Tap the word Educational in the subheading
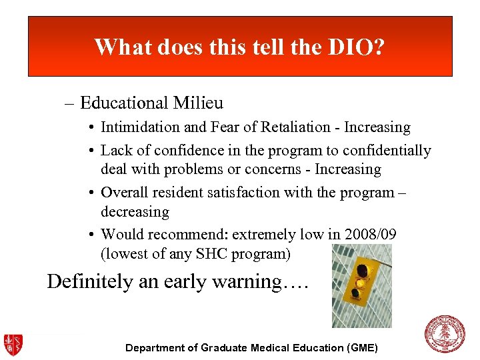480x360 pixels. [124, 103]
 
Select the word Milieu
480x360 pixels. [199, 103]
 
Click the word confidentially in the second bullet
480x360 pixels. [386, 151]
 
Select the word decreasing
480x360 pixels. [135, 212]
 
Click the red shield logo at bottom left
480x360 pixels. [13, 344]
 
